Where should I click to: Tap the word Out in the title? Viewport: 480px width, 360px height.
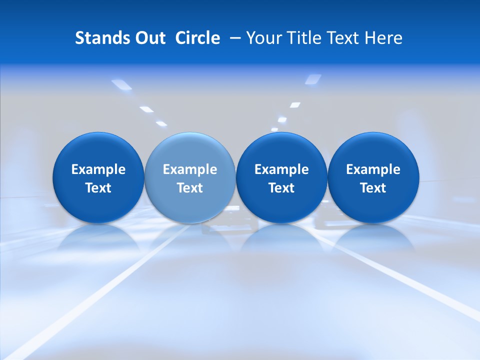pyautogui.click(x=147, y=38)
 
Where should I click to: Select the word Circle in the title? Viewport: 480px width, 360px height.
pyautogui.click(x=197, y=38)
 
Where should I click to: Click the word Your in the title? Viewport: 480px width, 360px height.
pyautogui.click(x=263, y=38)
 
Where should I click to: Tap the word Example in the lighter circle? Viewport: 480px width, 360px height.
pyautogui.click(x=190, y=170)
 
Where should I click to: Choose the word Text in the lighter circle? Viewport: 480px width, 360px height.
pyautogui.click(x=190, y=188)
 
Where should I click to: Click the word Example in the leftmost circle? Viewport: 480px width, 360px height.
pyautogui.click(x=98, y=170)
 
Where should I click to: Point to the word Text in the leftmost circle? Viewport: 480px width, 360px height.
pyautogui.click(x=98, y=188)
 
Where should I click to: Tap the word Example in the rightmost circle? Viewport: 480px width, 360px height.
pyautogui.click(x=373, y=170)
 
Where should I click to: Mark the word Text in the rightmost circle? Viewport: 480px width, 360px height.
pyautogui.click(x=373, y=188)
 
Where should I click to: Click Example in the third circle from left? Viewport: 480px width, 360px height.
pyautogui.click(x=281, y=170)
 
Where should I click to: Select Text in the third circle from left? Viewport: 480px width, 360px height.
pyautogui.click(x=281, y=188)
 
